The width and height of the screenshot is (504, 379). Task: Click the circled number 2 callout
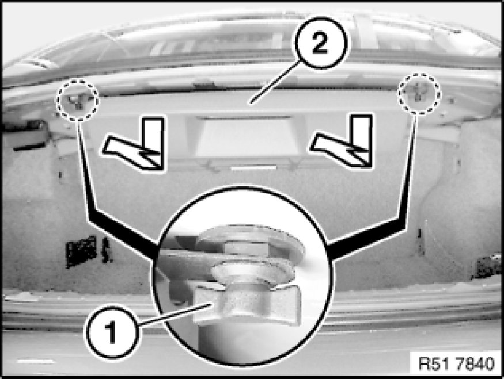click(x=320, y=43)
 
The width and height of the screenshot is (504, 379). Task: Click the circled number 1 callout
click(x=112, y=332)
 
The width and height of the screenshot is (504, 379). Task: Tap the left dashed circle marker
click(x=77, y=100)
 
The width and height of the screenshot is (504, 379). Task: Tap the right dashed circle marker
click(x=419, y=93)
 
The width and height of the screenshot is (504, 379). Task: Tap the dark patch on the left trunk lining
click(x=81, y=251)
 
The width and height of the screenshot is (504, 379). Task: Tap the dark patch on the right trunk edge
click(x=485, y=266)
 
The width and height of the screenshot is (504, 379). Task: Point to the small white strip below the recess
click(x=253, y=167)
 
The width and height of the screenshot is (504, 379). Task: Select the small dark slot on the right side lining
click(x=419, y=233)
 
